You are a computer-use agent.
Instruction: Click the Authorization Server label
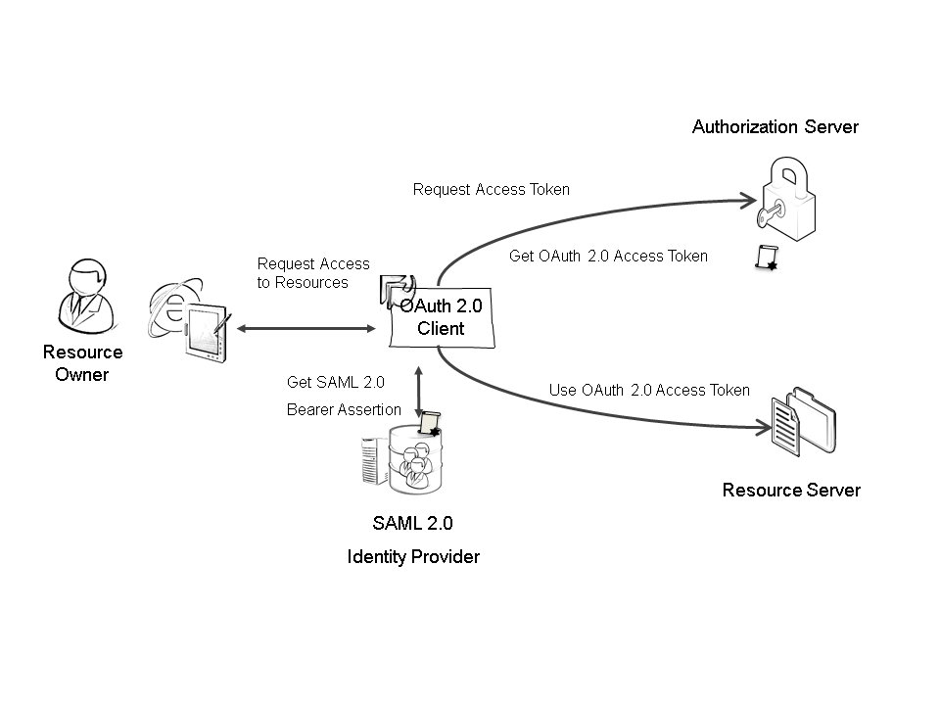click(x=775, y=126)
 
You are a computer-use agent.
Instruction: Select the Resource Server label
click(x=791, y=490)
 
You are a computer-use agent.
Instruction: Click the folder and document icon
click(x=805, y=421)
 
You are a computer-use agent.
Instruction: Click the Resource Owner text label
click(x=82, y=363)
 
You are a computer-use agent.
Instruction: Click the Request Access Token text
click(x=491, y=189)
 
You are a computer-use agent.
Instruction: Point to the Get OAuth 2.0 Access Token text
click(x=608, y=256)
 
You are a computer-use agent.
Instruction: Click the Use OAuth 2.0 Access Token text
click(x=649, y=390)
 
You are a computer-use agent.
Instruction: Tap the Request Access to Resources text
click(x=313, y=273)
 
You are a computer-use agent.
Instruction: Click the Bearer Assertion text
click(x=344, y=409)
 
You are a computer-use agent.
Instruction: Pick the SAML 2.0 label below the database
click(x=412, y=523)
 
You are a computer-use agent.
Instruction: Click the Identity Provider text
click(x=413, y=557)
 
